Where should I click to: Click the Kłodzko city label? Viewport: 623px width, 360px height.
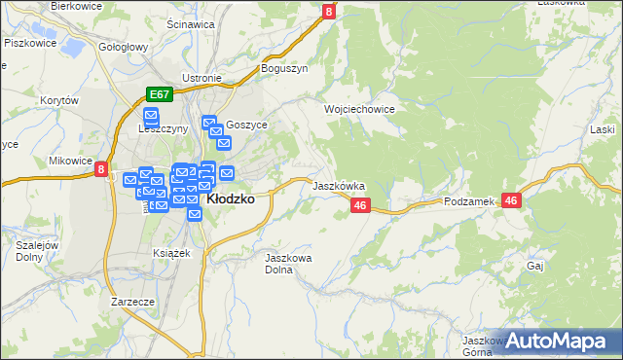(x=232, y=198)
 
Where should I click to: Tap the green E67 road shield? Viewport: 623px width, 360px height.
(x=161, y=94)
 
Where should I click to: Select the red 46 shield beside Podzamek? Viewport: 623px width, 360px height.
(x=513, y=199)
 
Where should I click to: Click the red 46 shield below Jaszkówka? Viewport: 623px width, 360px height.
(x=360, y=205)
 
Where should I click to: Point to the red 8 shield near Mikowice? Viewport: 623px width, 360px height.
(x=102, y=169)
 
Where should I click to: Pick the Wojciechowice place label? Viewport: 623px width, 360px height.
(x=359, y=110)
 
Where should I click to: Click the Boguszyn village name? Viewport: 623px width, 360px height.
(x=284, y=69)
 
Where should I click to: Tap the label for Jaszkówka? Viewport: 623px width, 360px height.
(x=338, y=184)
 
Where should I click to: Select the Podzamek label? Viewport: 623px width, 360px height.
(x=469, y=200)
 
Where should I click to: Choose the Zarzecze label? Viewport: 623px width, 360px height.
(x=133, y=302)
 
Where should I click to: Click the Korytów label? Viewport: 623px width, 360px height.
(x=58, y=100)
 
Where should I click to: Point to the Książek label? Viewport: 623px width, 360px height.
(x=171, y=252)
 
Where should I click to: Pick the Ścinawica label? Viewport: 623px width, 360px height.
(x=190, y=24)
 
